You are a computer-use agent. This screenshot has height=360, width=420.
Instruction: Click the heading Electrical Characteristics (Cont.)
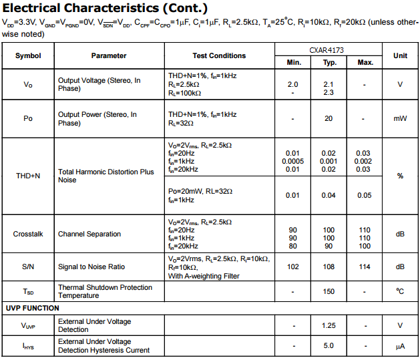pyautogui.click(x=105, y=9)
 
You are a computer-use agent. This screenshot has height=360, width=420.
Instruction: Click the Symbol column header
pyautogui.click(x=28, y=55)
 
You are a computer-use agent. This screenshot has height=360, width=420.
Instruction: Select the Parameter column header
pyautogui.click(x=109, y=55)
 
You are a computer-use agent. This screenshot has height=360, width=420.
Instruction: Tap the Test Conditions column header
pyautogui.click(x=219, y=55)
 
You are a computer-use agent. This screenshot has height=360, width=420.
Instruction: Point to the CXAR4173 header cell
pyautogui.click(x=329, y=49)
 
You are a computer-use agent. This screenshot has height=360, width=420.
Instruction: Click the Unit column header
pyautogui.click(x=400, y=55)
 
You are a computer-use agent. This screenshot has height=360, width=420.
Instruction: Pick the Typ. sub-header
pyautogui.click(x=329, y=62)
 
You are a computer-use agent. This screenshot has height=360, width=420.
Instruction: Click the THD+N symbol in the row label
pyautogui.click(x=28, y=176)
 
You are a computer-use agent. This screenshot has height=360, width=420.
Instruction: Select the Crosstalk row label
pyautogui.click(x=28, y=234)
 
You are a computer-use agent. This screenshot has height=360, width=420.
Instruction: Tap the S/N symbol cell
pyautogui.click(x=28, y=266)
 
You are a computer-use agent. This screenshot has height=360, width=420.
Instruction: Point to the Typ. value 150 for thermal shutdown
pyautogui.click(x=329, y=292)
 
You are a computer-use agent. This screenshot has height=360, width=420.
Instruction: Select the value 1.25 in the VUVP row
pyautogui.click(x=329, y=325)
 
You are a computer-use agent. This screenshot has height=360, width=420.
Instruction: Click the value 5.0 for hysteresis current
pyautogui.click(x=329, y=346)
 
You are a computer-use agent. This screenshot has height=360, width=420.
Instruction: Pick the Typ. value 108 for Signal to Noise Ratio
pyautogui.click(x=329, y=266)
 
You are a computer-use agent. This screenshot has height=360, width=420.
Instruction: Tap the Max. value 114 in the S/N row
pyautogui.click(x=365, y=266)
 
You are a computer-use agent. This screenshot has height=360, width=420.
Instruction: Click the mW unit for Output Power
pyautogui.click(x=400, y=118)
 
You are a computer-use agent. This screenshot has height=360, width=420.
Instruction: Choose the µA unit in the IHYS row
pyautogui.click(x=400, y=346)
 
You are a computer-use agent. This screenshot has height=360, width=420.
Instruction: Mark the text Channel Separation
pyautogui.click(x=89, y=234)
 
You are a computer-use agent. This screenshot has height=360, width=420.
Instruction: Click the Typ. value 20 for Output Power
pyautogui.click(x=329, y=118)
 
